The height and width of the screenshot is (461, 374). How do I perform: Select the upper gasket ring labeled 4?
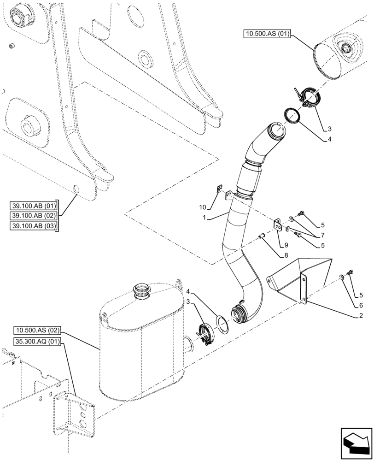point(292,116)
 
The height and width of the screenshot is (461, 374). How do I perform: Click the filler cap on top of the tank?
point(141,290)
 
